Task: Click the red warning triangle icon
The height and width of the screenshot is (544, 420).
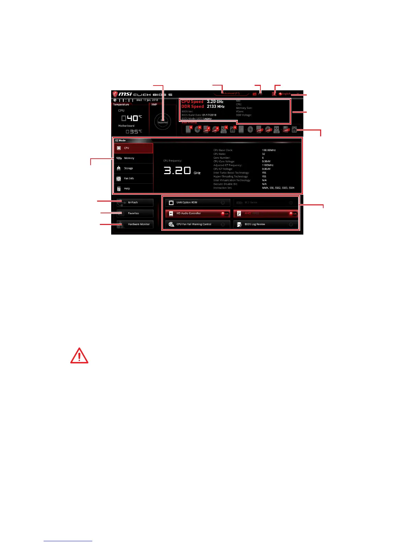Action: (79, 356)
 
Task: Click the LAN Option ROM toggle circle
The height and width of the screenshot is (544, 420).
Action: (223, 203)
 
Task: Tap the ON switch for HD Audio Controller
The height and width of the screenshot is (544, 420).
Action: (225, 214)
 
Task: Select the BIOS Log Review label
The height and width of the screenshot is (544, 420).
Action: (255, 224)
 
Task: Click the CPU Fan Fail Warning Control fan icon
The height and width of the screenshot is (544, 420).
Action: (171, 224)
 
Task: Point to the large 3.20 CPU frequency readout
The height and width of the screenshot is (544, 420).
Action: (177, 170)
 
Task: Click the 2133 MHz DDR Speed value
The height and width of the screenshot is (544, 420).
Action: (215, 106)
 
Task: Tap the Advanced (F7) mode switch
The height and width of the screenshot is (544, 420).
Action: (231, 93)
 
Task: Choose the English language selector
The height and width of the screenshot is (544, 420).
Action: (285, 94)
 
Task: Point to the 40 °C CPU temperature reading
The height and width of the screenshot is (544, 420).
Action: (132, 118)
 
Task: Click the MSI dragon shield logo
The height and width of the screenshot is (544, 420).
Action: (115, 94)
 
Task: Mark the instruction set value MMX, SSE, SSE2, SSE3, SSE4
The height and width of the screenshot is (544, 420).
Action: (278, 188)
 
